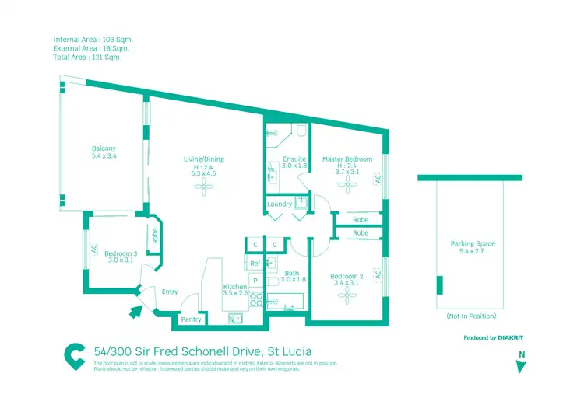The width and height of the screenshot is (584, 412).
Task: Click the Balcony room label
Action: pos(104,148)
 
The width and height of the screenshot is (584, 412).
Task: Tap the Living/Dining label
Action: pos(203,159)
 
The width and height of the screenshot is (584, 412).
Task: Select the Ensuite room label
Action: pos(294,159)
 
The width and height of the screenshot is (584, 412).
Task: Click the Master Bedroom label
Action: pos(347,159)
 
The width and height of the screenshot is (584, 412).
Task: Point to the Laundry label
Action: pos(279,204)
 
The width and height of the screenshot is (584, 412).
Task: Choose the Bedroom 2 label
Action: pos(347,277)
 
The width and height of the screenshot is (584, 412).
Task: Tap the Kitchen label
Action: pos(235,287)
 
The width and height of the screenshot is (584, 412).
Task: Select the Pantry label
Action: pos(191,319)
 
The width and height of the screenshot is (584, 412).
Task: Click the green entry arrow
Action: pos(135,312)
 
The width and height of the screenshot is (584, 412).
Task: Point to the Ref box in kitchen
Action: pos(255,264)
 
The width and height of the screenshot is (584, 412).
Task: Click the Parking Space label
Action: pos(472,244)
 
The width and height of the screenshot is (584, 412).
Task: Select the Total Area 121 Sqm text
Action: pos(87,58)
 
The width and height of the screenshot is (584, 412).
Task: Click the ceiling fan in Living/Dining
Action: pos(203,187)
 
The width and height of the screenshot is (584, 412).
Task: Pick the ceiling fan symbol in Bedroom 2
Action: pos(347,296)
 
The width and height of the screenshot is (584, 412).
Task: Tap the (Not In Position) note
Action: pos(471,316)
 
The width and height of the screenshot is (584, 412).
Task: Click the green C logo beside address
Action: pos(74,354)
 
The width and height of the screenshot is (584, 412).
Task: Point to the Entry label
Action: pos(170,292)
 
